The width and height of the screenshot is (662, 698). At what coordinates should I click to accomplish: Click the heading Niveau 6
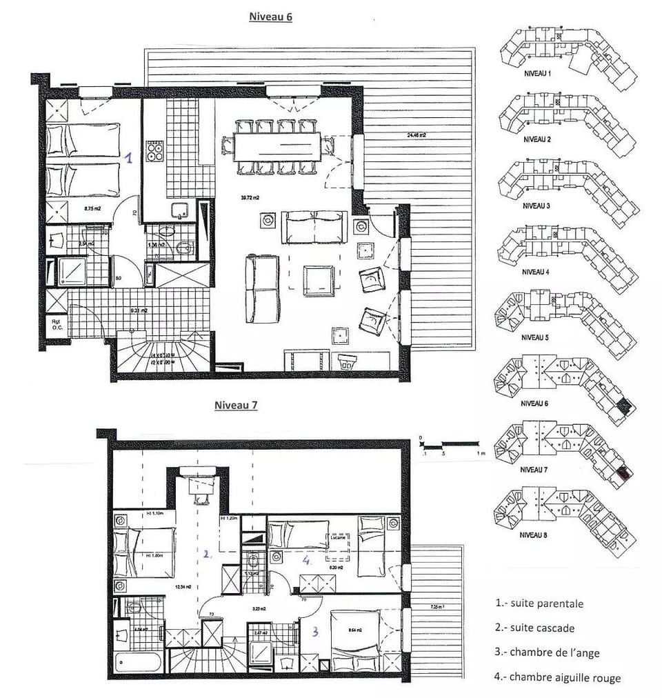tap(270, 17)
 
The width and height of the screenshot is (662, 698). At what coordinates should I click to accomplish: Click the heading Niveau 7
tap(235, 406)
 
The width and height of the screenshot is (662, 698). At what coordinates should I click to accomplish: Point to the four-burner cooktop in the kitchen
tap(154, 150)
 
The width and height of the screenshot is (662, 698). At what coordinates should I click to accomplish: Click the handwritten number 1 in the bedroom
tap(128, 158)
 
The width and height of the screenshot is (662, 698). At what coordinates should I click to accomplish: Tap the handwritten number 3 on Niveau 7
tap(314, 630)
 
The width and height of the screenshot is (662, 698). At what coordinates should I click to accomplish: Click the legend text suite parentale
tap(539, 604)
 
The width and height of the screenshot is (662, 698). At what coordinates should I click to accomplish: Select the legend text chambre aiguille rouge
tap(557, 678)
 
